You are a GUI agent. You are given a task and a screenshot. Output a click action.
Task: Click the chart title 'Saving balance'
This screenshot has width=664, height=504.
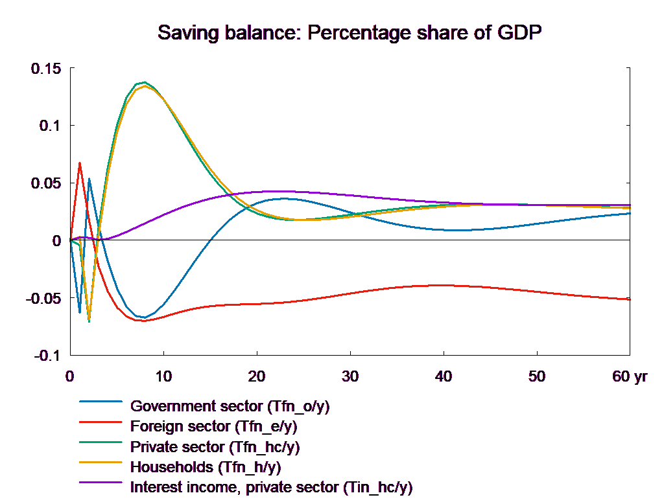click(x=350, y=32)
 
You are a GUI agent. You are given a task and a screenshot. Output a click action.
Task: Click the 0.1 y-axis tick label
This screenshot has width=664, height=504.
click(x=49, y=126)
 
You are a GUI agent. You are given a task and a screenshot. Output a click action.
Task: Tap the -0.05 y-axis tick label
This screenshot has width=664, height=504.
click(x=43, y=299)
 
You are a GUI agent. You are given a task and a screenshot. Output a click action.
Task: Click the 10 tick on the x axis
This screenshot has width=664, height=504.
click(x=163, y=376)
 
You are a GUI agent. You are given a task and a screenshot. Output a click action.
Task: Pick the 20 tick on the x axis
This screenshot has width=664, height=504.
click(x=257, y=376)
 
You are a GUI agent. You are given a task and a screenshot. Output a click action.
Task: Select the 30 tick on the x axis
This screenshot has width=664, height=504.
click(x=350, y=376)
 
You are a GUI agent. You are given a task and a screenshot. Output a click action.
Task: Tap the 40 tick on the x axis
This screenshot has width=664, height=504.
click(x=444, y=376)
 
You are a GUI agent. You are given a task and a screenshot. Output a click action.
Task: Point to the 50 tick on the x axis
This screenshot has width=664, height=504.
click(x=537, y=376)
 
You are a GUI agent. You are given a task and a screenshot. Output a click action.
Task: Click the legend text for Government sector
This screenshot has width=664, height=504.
click(x=230, y=407)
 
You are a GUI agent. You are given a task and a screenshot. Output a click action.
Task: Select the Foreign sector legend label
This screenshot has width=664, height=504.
click(x=214, y=427)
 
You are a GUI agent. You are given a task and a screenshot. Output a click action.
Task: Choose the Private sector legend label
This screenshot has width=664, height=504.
click(x=215, y=447)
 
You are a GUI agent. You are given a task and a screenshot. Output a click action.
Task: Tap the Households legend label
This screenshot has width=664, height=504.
click(x=206, y=466)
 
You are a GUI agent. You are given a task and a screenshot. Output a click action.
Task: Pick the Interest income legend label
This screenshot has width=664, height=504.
click(x=271, y=487)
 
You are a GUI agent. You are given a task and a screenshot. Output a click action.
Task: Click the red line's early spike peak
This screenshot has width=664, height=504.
click(x=80, y=163)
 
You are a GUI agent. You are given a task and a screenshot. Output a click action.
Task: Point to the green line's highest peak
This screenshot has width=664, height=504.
click(x=144, y=82)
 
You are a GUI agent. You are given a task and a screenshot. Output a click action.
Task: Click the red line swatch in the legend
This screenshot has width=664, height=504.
click(x=101, y=421)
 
